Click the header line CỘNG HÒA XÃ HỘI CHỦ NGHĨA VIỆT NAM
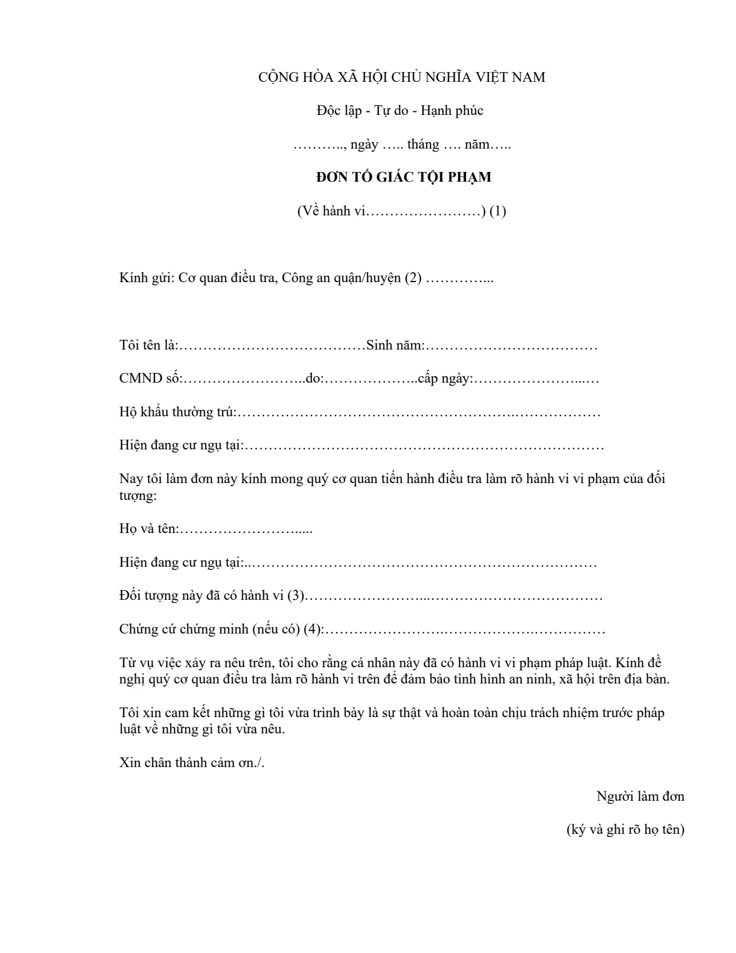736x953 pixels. tap(401, 77)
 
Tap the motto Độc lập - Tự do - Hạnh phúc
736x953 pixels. tap(400, 111)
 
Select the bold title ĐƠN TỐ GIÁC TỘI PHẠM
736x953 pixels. tap(403, 177)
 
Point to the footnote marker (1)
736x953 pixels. tap(497, 211)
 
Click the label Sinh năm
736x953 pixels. tap(395, 345)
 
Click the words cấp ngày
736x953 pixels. tap(445, 378)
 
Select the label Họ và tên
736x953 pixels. tap(149, 529)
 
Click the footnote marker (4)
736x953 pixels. tap(313, 629)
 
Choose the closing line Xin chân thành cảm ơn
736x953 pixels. tap(191, 763)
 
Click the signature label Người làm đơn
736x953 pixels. tap(640, 796)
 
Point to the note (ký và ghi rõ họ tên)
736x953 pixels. tap(625, 829)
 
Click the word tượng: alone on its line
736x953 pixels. tap(138, 496)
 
